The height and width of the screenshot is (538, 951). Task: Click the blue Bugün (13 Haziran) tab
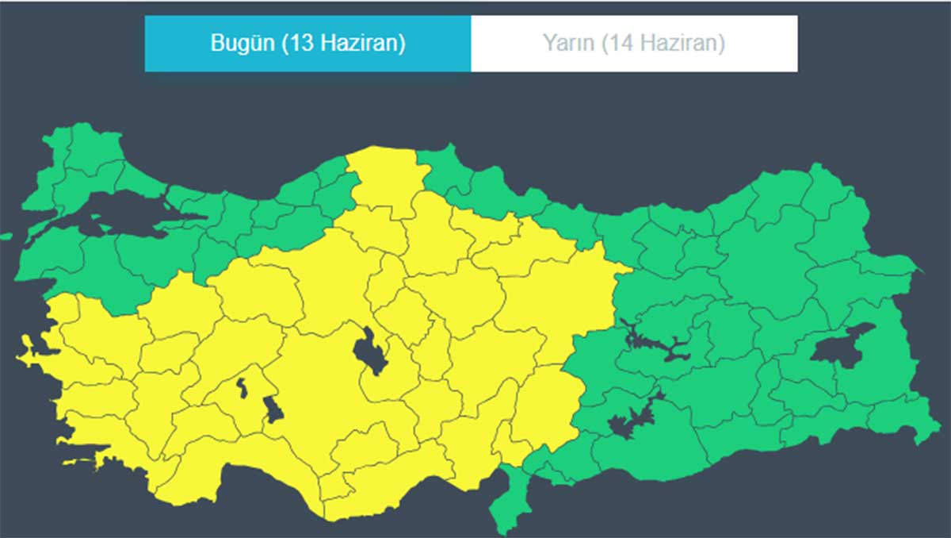(x=307, y=43)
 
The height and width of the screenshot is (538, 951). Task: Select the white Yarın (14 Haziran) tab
(x=634, y=43)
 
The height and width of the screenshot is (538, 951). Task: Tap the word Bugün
(x=241, y=43)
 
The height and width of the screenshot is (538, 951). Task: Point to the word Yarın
(x=567, y=43)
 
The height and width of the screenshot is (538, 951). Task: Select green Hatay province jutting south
(x=506, y=500)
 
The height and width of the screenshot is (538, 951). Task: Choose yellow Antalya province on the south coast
(x=238, y=476)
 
